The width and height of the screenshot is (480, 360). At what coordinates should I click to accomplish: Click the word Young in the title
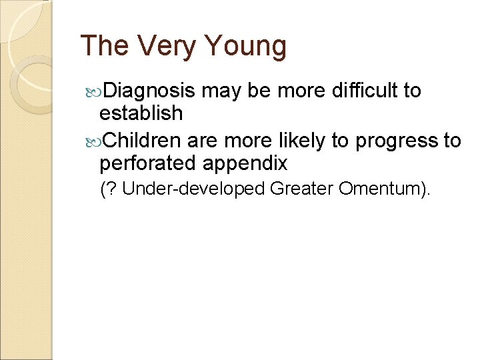tap(245, 47)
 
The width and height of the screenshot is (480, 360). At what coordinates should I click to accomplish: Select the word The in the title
tap(105, 47)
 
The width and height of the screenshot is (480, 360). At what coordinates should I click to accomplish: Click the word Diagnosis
tap(150, 90)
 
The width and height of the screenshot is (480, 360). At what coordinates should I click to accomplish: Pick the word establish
tap(141, 113)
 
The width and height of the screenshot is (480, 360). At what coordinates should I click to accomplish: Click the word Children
tap(142, 141)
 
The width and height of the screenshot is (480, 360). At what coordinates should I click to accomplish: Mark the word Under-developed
tap(194, 189)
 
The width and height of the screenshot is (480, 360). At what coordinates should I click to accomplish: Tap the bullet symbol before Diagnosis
tap(94, 91)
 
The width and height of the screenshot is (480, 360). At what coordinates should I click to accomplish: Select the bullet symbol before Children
tap(94, 141)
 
